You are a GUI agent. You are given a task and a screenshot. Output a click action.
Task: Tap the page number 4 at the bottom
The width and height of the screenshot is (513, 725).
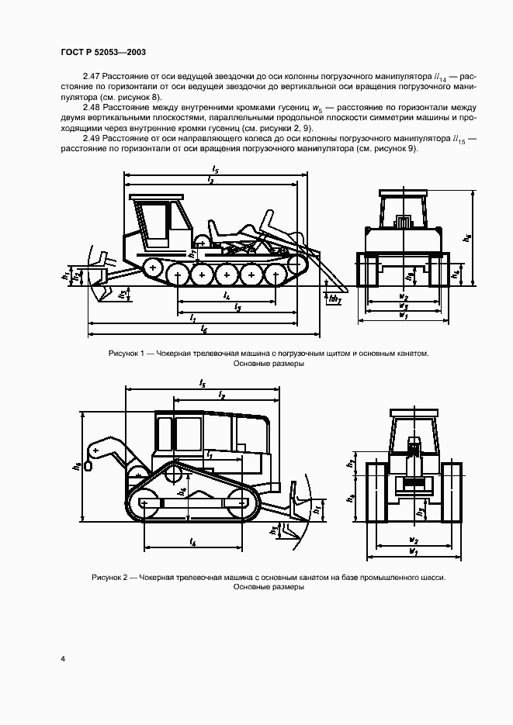(63, 659)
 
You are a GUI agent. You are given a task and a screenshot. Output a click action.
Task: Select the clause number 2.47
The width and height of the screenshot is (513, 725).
(92, 78)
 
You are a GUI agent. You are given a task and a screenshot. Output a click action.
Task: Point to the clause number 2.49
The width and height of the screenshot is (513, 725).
(92, 138)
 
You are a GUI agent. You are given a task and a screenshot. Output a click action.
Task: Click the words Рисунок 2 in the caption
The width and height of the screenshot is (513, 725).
(113, 578)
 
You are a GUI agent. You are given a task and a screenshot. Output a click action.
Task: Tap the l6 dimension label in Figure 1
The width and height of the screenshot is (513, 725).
(203, 330)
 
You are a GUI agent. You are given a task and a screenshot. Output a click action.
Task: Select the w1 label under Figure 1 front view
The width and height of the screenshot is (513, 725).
(402, 315)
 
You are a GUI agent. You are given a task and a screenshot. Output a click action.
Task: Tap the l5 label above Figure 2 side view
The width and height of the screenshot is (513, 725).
(201, 383)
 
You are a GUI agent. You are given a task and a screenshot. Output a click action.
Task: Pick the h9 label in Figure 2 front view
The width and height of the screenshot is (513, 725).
(352, 499)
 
